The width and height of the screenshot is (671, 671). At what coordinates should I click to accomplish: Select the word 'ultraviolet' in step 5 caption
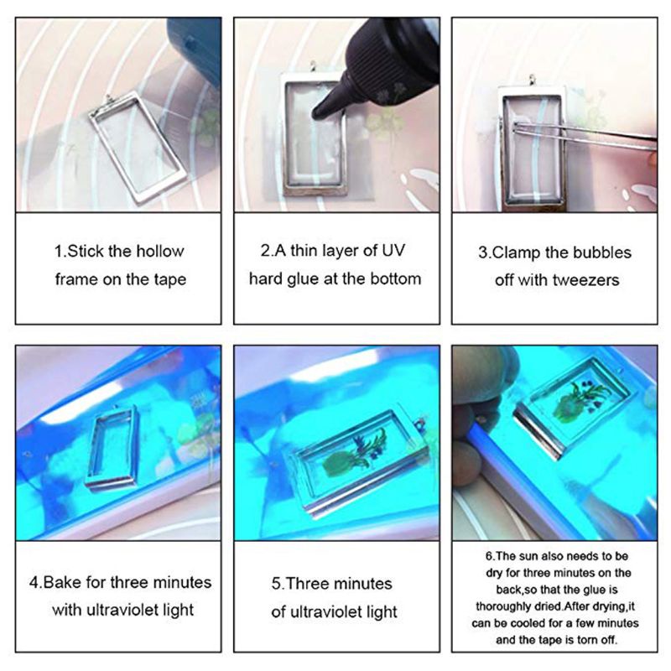click(x=358, y=611)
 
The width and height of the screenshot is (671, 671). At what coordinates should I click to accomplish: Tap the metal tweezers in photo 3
click(x=579, y=134)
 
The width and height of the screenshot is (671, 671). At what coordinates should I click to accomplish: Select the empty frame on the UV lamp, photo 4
click(x=111, y=449)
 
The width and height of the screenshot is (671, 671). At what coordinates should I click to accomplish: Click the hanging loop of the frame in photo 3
click(x=530, y=81)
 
